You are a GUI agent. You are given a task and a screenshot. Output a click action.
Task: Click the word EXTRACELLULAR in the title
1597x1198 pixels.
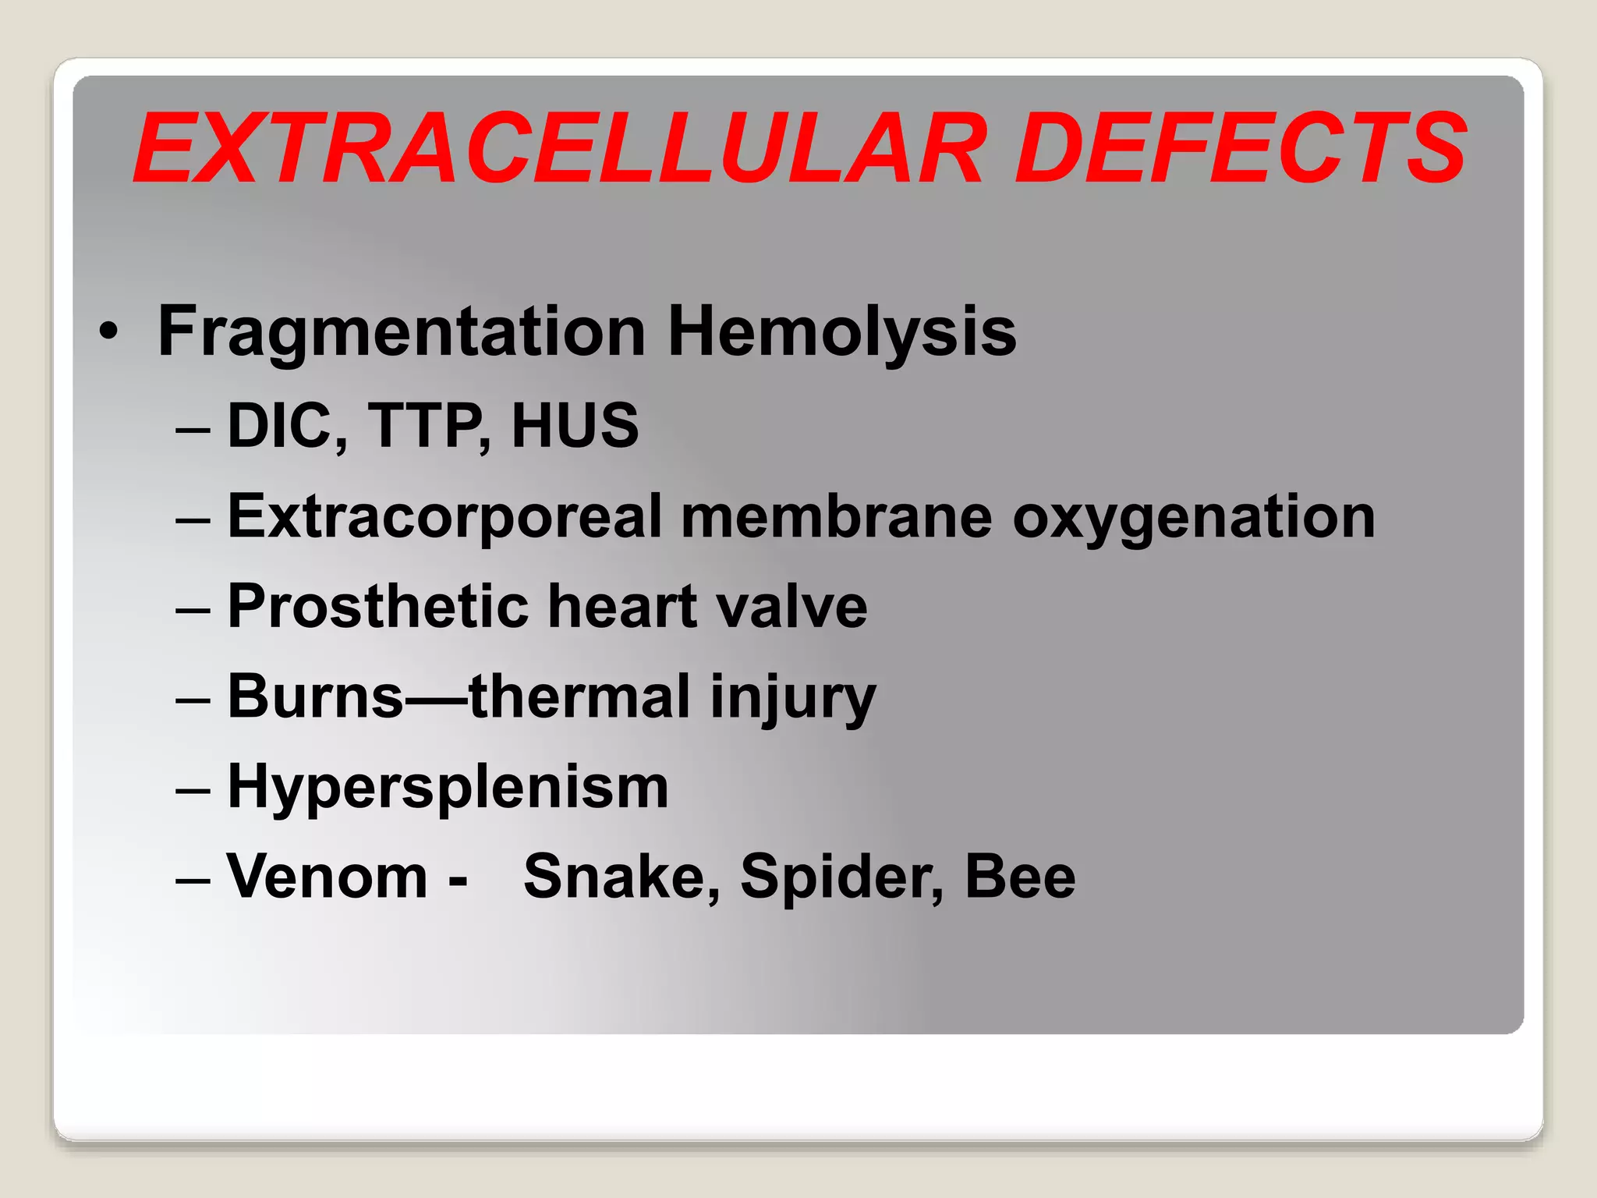pos(558,148)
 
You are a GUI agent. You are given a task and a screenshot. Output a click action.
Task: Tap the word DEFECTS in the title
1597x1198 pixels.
pos(1240,148)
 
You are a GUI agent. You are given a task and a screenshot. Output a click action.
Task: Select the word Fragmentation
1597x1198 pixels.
pos(402,332)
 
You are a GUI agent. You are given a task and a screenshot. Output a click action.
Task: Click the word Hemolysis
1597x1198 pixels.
pos(842,332)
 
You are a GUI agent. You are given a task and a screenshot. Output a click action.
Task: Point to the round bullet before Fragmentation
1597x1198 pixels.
pos(109,334)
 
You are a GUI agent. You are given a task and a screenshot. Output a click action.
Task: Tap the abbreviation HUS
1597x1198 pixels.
pos(575,425)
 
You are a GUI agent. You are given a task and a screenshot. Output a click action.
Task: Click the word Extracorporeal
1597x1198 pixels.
pos(444,517)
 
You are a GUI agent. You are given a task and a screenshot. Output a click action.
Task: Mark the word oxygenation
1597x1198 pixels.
pos(1194,517)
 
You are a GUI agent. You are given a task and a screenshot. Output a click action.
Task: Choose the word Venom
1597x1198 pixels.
pos(327,877)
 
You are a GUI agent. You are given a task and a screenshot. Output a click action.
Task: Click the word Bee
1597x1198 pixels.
pos(1020,877)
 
